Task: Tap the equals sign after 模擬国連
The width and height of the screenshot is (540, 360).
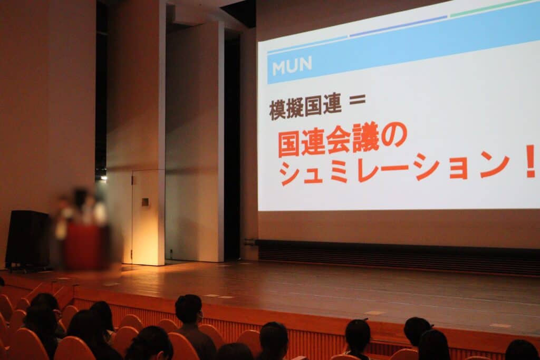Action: (x=357, y=100)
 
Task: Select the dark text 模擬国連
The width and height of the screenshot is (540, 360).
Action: (x=305, y=106)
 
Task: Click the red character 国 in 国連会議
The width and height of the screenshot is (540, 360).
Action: (x=290, y=145)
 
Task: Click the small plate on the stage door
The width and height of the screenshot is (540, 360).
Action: (x=145, y=202)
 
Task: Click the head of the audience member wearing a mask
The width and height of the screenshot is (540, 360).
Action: (x=189, y=309)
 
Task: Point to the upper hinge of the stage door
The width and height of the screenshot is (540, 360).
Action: (x=131, y=179)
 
